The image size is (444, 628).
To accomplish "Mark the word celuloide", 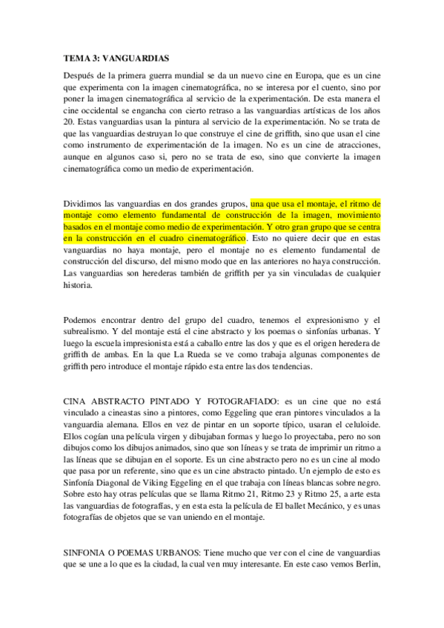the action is click(359, 424).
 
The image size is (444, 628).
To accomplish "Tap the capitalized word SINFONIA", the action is click(88, 554).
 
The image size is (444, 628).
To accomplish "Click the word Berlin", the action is click(366, 566).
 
